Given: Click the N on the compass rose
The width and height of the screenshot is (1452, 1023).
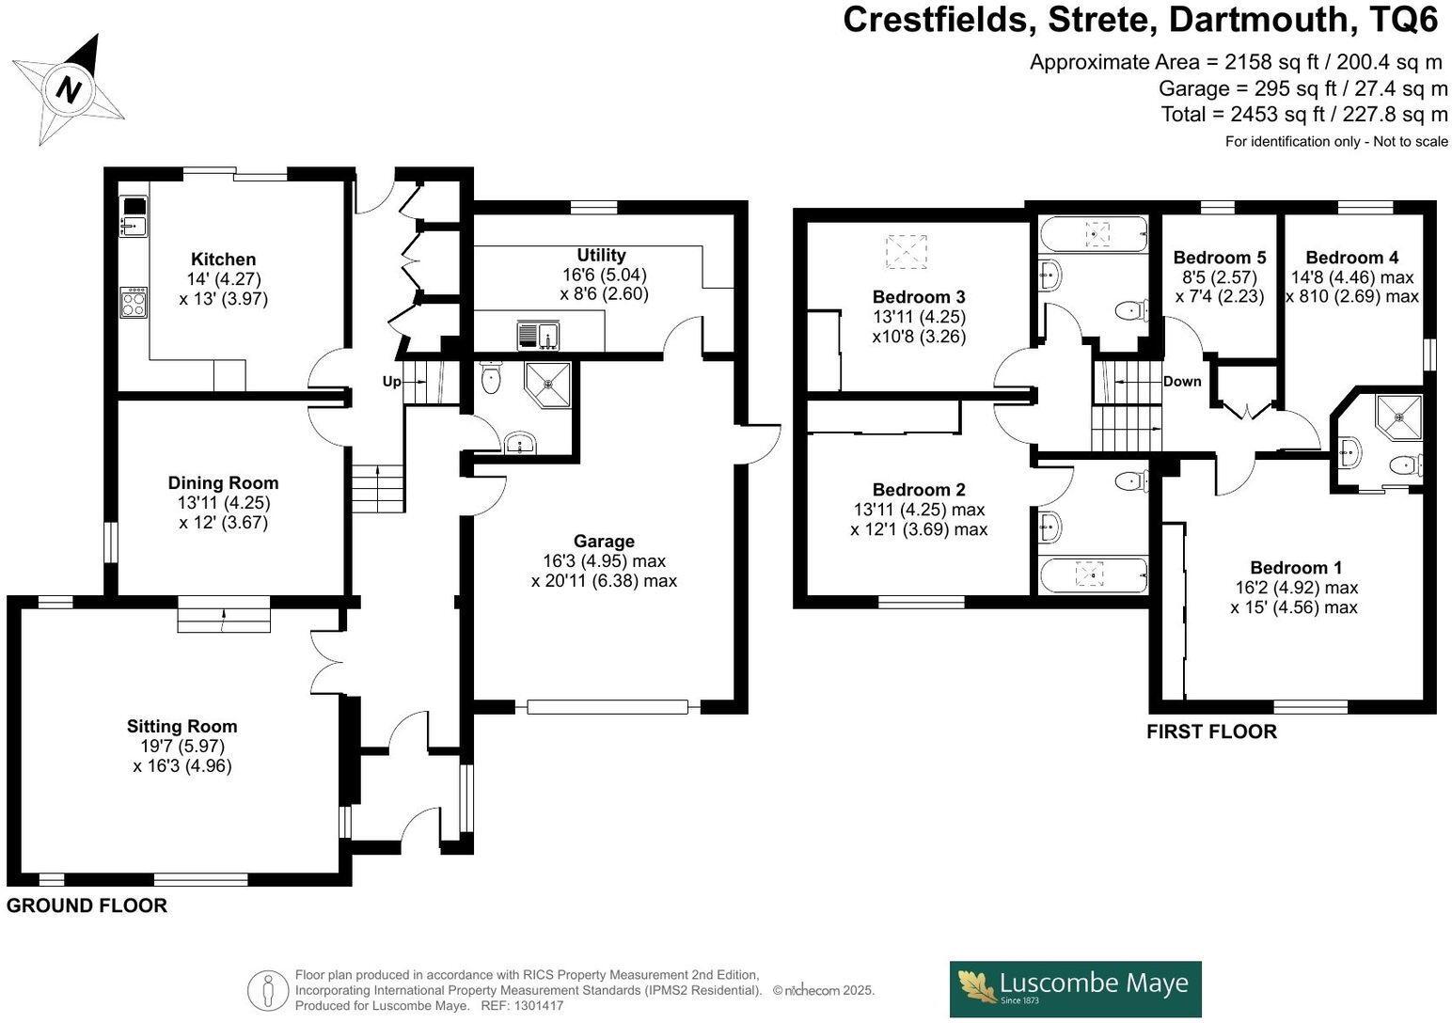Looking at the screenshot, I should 68,89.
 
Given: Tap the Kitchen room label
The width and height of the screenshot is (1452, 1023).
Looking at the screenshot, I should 223,260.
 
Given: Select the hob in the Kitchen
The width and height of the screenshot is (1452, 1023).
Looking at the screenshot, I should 134,303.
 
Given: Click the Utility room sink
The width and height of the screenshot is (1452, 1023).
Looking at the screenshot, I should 537,335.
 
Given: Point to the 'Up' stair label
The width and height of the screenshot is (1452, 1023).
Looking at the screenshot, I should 391,382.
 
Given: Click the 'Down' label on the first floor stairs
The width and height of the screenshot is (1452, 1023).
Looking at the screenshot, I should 1182,382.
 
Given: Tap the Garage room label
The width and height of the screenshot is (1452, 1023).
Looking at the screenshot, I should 604,541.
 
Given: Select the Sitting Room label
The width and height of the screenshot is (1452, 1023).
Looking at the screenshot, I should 181,726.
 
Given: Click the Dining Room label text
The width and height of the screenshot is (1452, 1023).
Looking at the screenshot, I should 223,482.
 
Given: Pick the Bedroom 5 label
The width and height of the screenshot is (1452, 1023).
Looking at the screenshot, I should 1219,258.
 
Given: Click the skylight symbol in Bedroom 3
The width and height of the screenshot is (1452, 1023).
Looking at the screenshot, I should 906,252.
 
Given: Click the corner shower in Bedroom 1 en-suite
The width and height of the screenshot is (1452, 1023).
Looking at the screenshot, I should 1398,414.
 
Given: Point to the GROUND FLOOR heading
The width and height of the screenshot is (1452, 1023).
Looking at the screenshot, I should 87,905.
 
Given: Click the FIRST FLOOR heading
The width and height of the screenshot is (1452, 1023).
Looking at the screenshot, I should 1211,732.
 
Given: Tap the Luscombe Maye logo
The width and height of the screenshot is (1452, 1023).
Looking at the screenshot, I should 1075,988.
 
